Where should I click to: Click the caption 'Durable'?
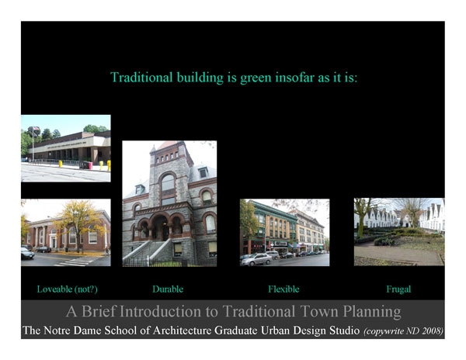click(x=168, y=289)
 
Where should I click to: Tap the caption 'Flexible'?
click(x=283, y=289)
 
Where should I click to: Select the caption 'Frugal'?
click(x=398, y=289)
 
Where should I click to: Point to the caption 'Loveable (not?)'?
click(x=67, y=289)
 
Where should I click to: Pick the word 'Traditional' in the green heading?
click(x=141, y=77)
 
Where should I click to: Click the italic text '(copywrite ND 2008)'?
click(x=404, y=331)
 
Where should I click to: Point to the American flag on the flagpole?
click(x=37, y=129)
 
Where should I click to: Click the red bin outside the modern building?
click(x=90, y=165)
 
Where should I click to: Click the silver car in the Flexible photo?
click(x=256, y=259)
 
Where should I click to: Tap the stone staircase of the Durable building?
click(x=146, y=251)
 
